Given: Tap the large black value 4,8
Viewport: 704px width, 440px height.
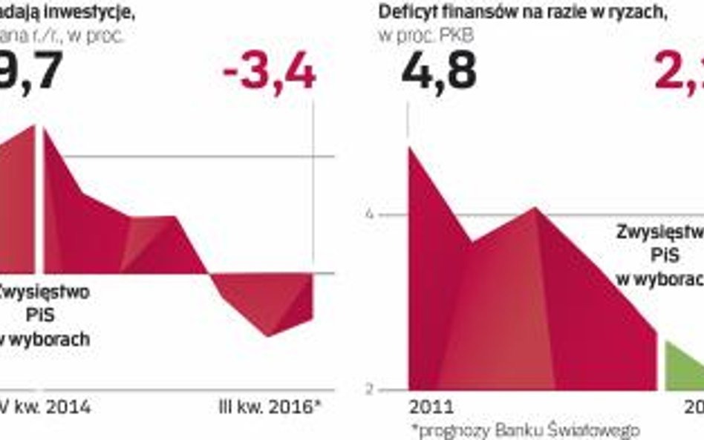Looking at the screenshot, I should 439,73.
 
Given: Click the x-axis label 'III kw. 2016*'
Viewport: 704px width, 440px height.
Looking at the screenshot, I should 268,407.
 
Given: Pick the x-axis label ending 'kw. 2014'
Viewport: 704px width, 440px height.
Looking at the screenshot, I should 46,407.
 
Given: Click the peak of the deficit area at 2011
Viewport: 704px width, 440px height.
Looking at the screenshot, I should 410,148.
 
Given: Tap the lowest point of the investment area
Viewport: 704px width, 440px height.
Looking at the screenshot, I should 267,335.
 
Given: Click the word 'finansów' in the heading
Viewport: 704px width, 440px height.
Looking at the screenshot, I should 473,12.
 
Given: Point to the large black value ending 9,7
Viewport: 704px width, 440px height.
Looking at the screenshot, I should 30,73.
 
